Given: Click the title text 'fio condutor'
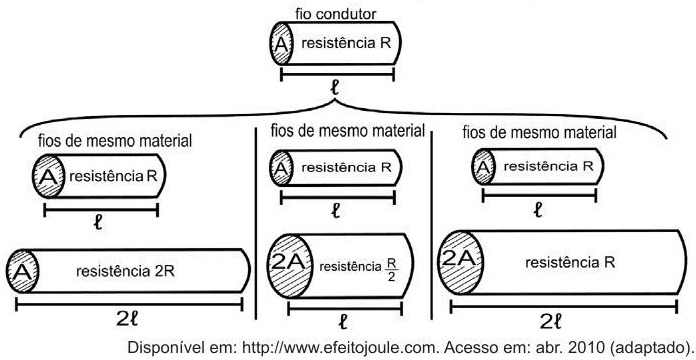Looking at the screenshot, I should point(334,14).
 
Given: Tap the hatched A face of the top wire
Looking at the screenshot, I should point(281,44).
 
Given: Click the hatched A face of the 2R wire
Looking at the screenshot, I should point(20,270).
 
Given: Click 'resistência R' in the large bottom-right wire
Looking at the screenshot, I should point(569,260).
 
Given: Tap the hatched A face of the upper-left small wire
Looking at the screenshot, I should point(48,179).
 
